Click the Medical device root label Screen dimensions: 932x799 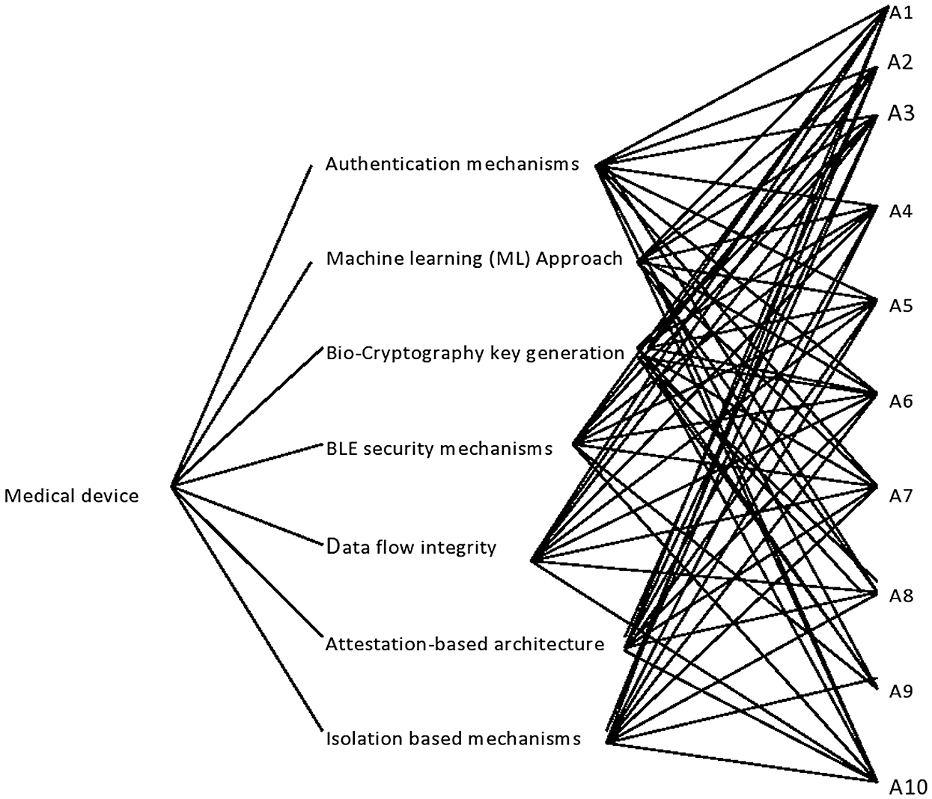coord(71,496)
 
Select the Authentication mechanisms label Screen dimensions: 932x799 coord(452,164)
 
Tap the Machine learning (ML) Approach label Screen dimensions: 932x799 coord(475,259)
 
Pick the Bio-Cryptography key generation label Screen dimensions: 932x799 coord(475,354)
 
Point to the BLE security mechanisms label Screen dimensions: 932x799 coord(439,449)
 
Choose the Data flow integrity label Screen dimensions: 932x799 coord(411,548)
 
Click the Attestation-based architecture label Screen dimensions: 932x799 coord(465,644)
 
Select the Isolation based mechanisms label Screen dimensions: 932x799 coord(454,739)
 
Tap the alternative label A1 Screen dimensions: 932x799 coord(901,13)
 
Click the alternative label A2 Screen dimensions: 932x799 coord(901,63)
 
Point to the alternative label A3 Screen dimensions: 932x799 coord(901,114)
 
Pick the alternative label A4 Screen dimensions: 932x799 coord(901,212)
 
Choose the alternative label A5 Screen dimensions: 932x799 coord(901,307)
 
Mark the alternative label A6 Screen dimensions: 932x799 coord(901,402)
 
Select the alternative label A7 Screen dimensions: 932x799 coord(901,497)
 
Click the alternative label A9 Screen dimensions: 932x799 coord(901,692)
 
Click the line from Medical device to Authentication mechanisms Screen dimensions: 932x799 coord(242,326)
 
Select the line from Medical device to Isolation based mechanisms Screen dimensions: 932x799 coord(247,608)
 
